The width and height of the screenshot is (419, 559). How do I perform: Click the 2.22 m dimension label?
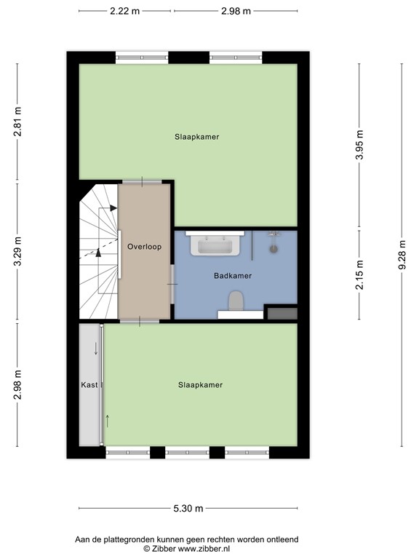(x=125, y=11)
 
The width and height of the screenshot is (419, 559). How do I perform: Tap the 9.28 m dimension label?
(x=402, y=255)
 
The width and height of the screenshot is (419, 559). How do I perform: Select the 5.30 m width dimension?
(x=188, y=509)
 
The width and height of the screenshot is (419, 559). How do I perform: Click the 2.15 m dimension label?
(x=359, y=274)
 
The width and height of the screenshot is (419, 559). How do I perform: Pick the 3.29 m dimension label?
(x=18, y=252)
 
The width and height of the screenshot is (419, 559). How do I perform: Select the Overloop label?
(x=144, y=247)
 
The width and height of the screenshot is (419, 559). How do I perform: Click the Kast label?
(x=89, y=385)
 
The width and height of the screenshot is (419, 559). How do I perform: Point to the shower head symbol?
(x=274, y=247)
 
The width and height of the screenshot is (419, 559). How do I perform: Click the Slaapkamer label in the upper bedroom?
(x=196, y=136)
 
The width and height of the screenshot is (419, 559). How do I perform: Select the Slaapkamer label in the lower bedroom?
(x=200, y=385)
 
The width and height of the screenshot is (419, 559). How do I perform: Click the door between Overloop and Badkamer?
(x=172, y=284)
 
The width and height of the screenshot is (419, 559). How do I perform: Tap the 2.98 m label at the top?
(x=236, y=11)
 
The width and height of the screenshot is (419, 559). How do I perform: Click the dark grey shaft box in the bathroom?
(x=282, y=314)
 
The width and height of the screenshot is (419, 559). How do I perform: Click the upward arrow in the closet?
(x=108, y=421)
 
